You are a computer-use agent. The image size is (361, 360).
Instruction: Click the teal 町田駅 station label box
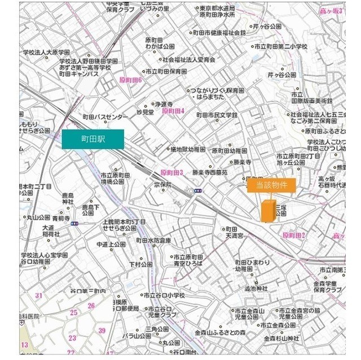click(93, 139)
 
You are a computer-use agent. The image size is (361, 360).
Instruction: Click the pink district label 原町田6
click(130, 81)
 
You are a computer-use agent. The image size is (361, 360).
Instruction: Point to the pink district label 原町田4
click(173, 111)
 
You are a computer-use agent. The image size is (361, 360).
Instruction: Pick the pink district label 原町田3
click(172, 173)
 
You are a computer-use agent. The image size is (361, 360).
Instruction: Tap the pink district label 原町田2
click(293, 235)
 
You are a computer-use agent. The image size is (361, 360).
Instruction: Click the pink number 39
click(102, 330)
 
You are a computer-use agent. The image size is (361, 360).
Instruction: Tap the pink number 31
click(38, 295)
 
